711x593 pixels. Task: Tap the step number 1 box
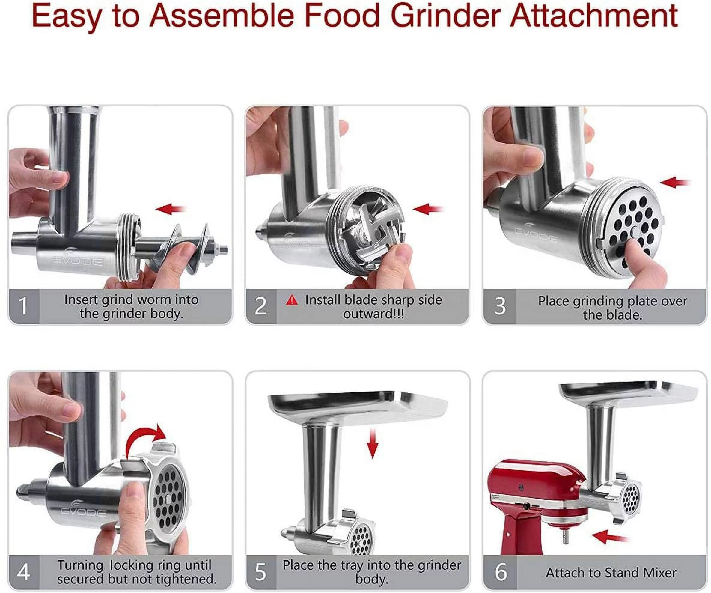click(x=24, y=306)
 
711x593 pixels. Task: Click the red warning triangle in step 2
click(x=292, y=300)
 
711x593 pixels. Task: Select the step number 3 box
click(x=500, y=306)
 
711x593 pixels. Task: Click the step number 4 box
click(x=24, y=572)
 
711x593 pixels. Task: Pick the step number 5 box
click(x=261, y=572)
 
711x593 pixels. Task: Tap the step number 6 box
click(x=500, y=572)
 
